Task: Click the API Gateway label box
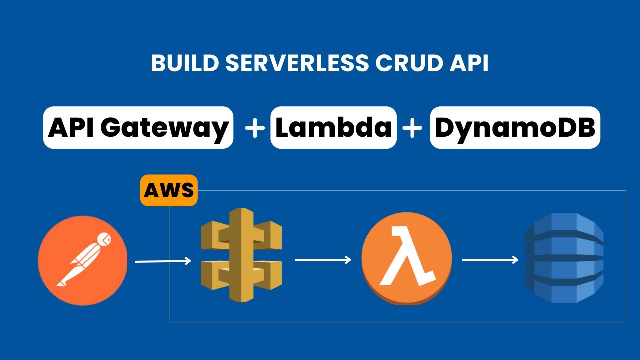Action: (x=138, y=128)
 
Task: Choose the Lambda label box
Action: (x=333, y=128)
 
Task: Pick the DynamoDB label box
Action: (x=515, y=128)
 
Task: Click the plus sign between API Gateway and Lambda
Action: (x=255, y=128)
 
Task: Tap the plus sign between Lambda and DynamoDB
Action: (x=413, y=128)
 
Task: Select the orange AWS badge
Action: (x=169, y=190)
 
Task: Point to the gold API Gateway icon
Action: (x=241, y=255)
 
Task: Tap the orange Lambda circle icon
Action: (x=406, y=260)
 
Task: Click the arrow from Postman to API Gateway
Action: (x=163, y=261)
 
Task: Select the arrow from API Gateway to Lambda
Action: (x=323, y=260)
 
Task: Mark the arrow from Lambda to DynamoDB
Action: (x=490, y=260)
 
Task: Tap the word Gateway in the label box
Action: (x=164, y=128)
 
